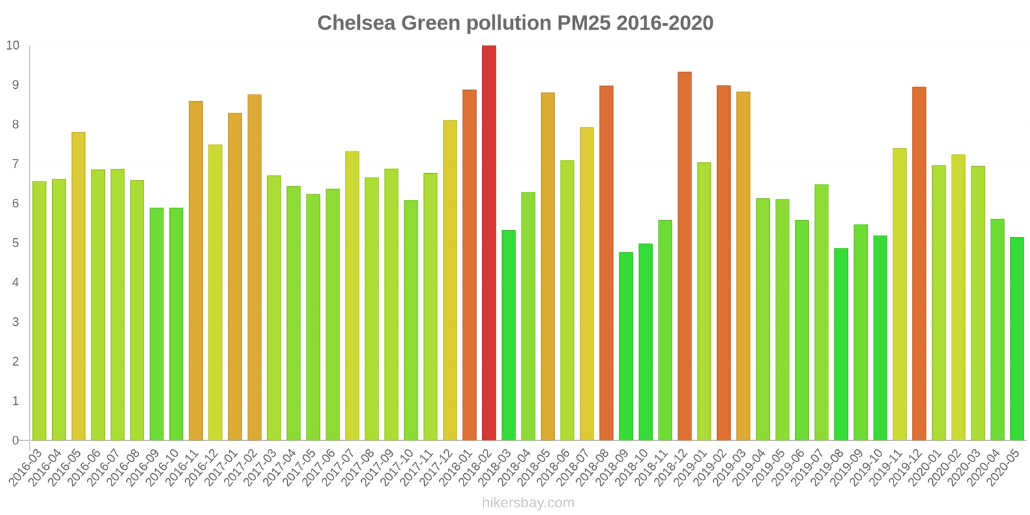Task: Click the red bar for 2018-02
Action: (489, 243)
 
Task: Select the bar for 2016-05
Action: (79, 286)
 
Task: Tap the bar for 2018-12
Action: (684, 256)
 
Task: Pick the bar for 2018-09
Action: (626, 346)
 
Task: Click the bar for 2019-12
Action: (919, 264)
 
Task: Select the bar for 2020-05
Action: (1017, 339)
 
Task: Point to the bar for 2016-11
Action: (196, 271)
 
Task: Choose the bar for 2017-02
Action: (254, 268)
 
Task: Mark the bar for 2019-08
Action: (841, 344)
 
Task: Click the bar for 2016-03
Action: (39, 311)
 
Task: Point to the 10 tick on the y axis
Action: (13, 46)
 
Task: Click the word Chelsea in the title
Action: (356, 23)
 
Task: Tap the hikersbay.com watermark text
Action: (528, 503)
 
